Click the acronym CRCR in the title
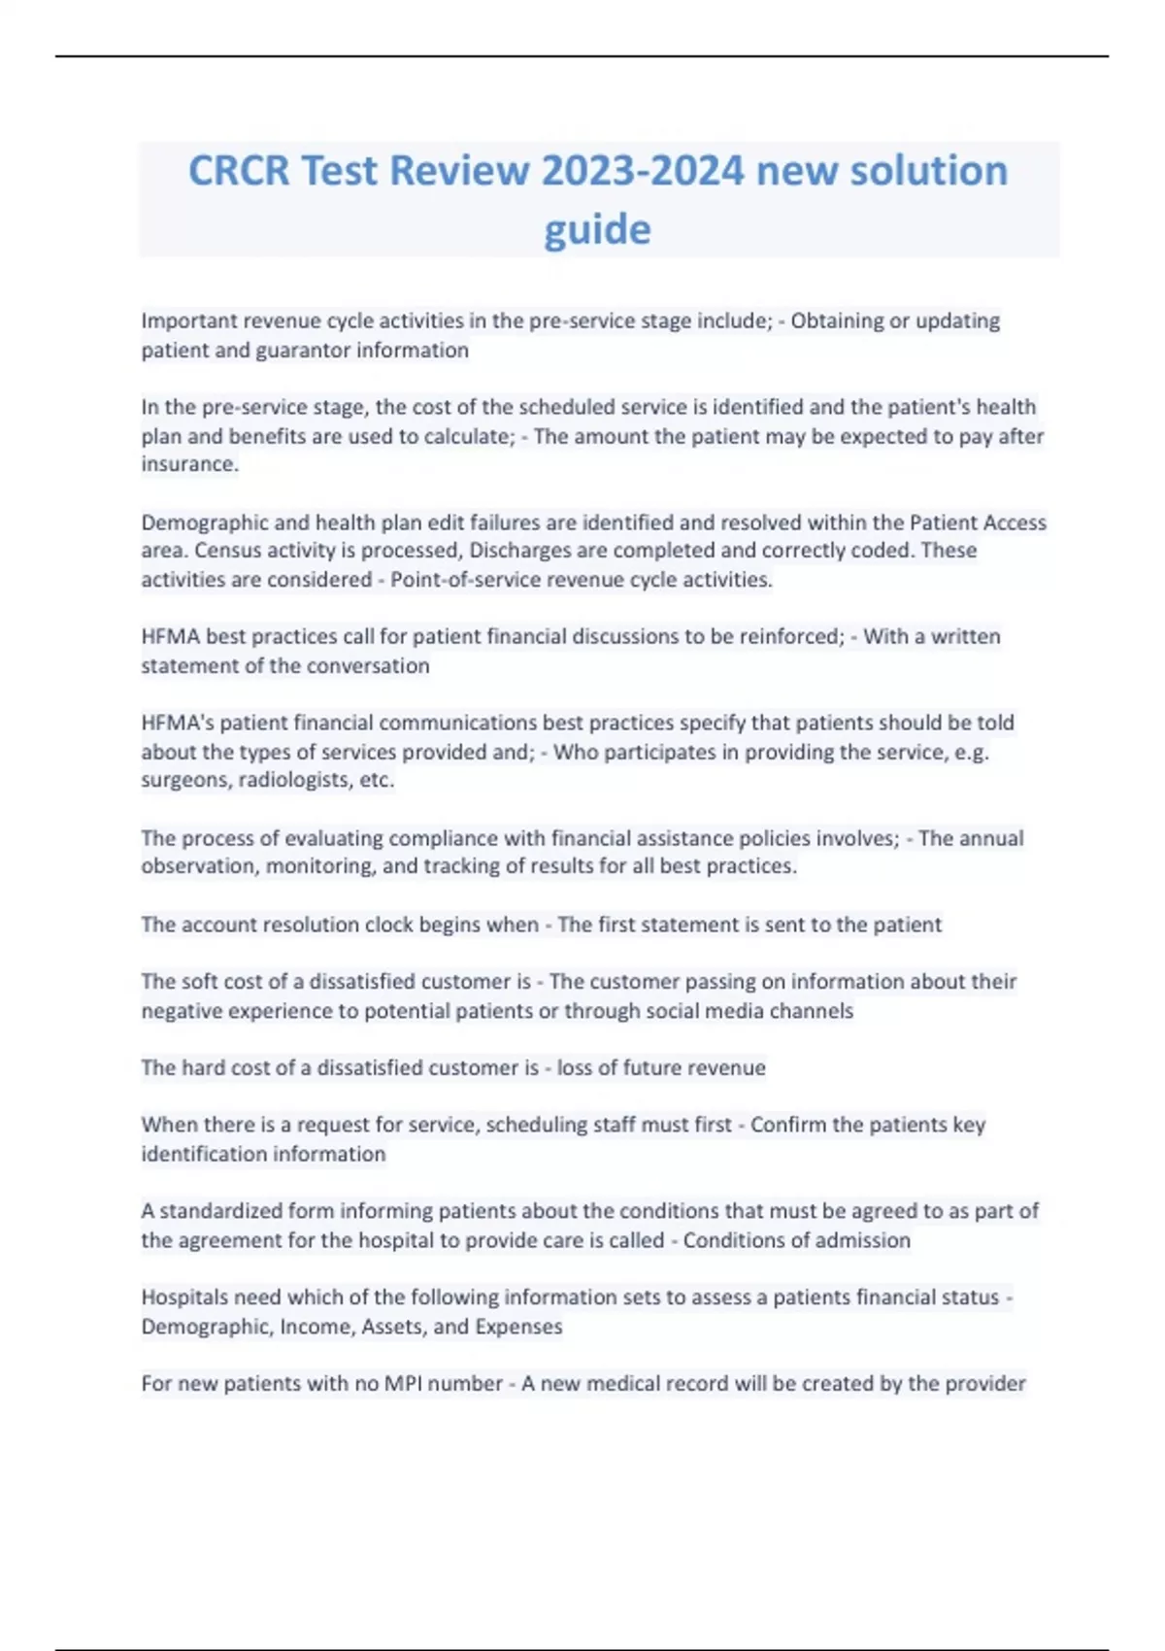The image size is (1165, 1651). point(239,171)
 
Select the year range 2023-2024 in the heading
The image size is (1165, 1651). point(643,171)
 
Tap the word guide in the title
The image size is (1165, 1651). point(597,230)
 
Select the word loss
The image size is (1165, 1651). point(574,1068)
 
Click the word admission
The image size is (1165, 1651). point(865,1240)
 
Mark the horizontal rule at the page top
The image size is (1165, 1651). point(582,56)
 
